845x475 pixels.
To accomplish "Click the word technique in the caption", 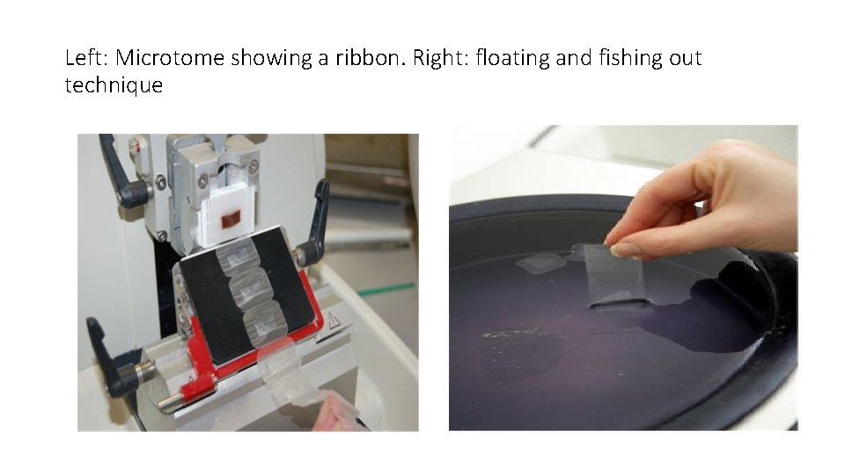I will tap(114, 85).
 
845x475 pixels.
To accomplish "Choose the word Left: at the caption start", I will tap(86, 59).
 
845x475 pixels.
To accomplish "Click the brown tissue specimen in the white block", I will tap(232, 215).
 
